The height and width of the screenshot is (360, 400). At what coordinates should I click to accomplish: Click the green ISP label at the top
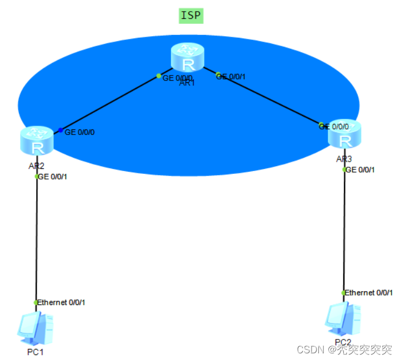(191, 15)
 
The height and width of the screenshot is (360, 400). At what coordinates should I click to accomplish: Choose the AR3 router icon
(344, 134)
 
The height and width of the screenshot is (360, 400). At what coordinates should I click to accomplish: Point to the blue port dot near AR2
(61, 131)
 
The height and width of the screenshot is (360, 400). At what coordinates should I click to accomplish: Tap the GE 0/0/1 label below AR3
(360, 169)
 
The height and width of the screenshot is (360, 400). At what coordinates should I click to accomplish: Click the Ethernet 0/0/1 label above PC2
(369, 292)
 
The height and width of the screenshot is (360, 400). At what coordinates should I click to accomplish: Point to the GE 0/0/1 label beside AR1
(231, 77)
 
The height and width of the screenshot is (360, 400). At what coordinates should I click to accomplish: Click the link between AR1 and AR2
(111, 103)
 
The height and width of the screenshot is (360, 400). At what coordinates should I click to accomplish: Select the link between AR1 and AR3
(267, 97)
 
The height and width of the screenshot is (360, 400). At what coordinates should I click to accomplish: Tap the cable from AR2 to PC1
(36, 239)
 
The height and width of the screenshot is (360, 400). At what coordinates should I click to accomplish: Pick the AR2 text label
(36, 166)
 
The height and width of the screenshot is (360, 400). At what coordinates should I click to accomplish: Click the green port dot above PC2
(344, 292)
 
